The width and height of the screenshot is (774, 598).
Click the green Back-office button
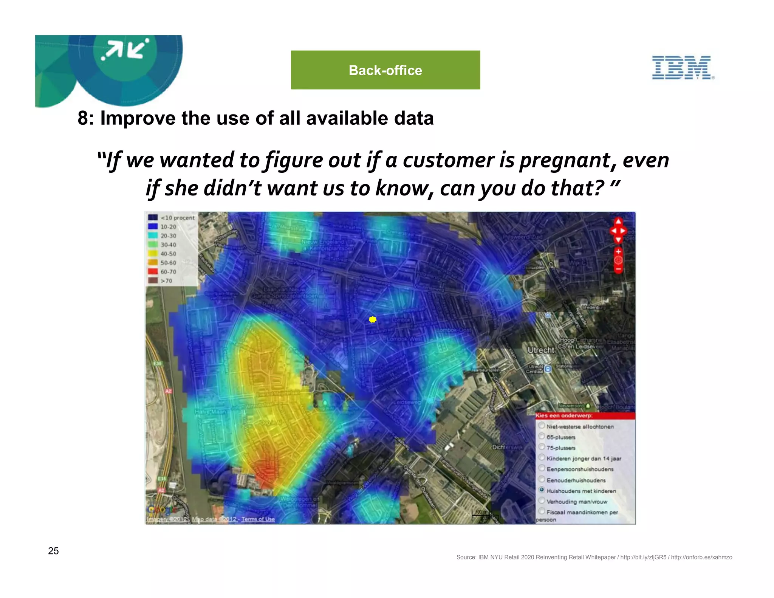[x=385, y=70]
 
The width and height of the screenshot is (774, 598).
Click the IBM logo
[x=683, y=68]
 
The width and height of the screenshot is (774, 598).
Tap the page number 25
[x=53, y=551]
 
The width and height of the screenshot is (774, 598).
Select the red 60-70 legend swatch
[x=153, y=271]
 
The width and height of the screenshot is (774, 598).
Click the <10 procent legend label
[x=177, y=218]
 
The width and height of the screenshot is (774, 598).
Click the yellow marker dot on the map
[x=373, y=319]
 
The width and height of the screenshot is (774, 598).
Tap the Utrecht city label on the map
[x=540, y=350]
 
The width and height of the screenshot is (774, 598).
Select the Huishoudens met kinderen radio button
[x=542, y=490]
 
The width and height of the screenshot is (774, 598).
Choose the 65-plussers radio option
[x=542, y=437]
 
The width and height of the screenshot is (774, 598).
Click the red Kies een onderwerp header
[x=585, y=416]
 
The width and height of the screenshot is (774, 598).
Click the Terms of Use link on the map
[x=258, y=519]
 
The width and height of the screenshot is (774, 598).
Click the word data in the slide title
[x=414, y=118]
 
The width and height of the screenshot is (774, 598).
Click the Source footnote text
[x=594, y=557]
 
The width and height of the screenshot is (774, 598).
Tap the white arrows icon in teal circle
[x=125, y=50]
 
